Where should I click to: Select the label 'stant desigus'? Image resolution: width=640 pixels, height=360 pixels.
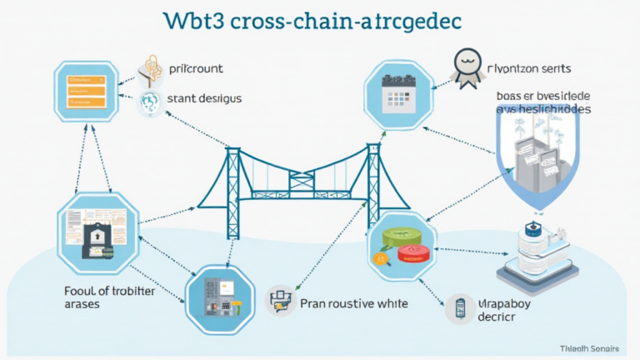coord(204,98)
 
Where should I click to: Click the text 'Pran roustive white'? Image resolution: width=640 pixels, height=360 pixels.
coord(353,304)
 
